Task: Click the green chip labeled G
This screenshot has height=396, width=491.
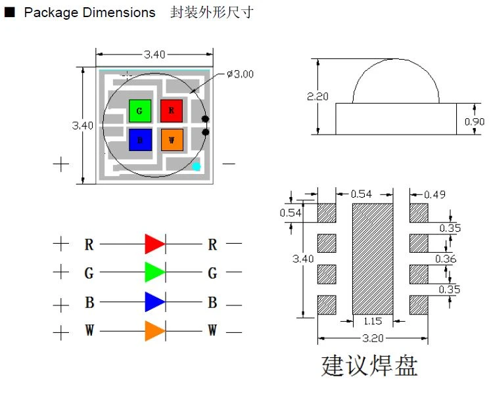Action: (x=140, y=111)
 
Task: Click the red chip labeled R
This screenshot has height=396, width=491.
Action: (x=172, y=111)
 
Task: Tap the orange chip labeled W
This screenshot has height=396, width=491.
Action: (x=172, y=139)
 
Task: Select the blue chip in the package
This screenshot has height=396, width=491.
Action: (x=140, y=139)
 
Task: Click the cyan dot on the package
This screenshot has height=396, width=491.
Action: (x=197, y=166)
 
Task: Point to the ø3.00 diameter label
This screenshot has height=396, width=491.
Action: (x=240, y=74)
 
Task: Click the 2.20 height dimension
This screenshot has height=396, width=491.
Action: (x=317, y=97)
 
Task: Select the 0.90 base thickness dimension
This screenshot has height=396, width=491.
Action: (x=475, y=121)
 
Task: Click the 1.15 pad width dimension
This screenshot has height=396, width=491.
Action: (x=373, y=321)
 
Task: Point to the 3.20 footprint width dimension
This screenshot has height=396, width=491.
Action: (x=373, y=338)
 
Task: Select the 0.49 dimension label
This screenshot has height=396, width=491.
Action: (x=434, y=194)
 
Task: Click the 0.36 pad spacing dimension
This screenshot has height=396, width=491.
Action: (x=446, y=259)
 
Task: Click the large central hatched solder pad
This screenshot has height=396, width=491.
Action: (x=373, y=259)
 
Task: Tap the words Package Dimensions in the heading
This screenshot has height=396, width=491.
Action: (x=89, y=12)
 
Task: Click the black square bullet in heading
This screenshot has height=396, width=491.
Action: (x=10, y=12)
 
